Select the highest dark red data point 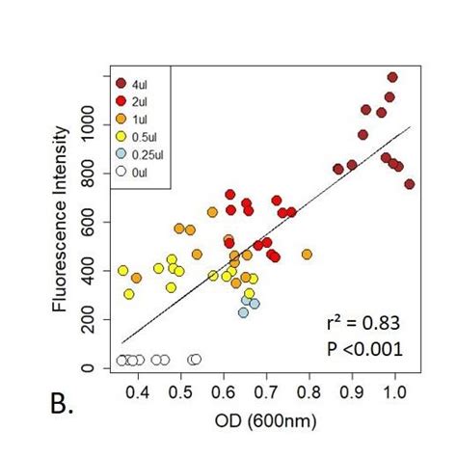click(x=392, y=77)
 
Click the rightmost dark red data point click(x=410, y=183)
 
